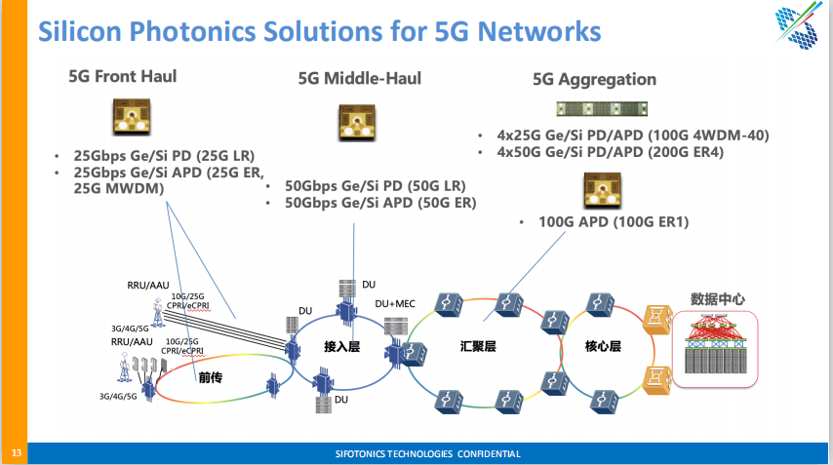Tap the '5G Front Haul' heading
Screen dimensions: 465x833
[122, 76]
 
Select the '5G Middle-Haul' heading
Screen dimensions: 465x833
[360, 77]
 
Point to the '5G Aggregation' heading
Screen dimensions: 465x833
[594, 79]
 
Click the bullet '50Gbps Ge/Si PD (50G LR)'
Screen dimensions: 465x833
[376, 185]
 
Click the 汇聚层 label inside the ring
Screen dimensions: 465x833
[479, 346]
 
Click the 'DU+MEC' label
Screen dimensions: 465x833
[395, 304]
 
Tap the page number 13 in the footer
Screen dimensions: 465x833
[16, 453]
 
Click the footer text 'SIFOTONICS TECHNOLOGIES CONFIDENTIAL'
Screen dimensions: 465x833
[427, 454]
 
